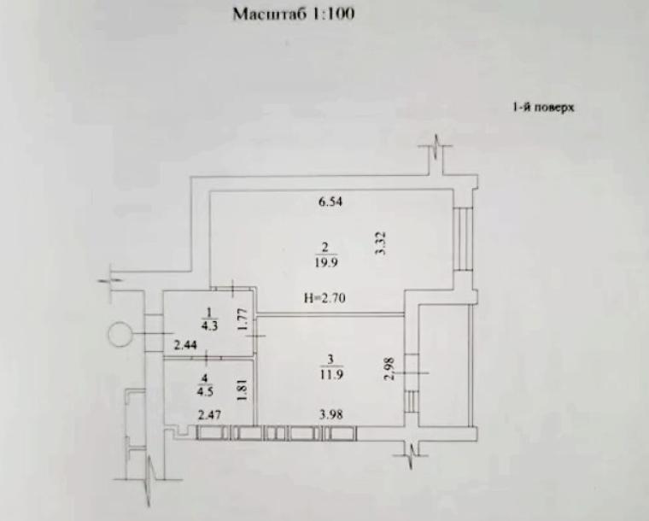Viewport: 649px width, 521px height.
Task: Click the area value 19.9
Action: pos(323,262)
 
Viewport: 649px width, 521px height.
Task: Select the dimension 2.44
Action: pos(186,346)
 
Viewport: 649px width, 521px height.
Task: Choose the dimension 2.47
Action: pos(210,416)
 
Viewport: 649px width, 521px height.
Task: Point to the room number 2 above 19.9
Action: pos(323,249)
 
